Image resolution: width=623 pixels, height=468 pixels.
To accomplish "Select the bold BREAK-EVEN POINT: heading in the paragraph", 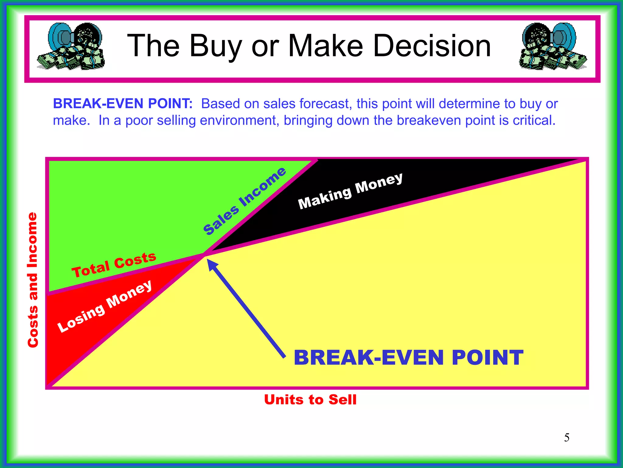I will point(123,104).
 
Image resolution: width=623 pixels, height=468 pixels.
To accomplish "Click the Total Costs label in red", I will point(114,264).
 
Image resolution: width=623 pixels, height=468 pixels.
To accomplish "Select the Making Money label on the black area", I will point(350,191).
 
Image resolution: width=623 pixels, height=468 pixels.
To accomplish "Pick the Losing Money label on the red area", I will point(104,306).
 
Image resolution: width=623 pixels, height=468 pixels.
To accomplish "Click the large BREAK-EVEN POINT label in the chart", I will point(408,357).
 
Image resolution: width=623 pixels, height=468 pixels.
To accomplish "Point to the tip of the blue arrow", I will point(208,260).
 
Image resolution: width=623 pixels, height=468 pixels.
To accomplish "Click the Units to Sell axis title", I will point(310,399).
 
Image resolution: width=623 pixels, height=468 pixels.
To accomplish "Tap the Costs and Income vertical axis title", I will point(33,280).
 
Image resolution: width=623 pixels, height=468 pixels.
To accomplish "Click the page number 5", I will point(567,438).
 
